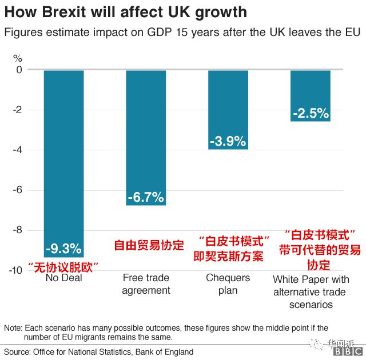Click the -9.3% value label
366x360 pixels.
(x=63, y=249)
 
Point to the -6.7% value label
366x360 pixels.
(x=146, y=198)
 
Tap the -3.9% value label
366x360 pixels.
(x=228, y=141)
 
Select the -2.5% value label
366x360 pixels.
(x=311, y=113)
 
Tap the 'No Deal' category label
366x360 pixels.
(x=63, y=278)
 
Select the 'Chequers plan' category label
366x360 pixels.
(x=228, y=284)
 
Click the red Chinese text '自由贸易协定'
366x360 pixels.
(x=149, y=246)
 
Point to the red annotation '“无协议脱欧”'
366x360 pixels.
(x=63, y=266)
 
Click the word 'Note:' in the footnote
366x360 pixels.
(x=13, y=328)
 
